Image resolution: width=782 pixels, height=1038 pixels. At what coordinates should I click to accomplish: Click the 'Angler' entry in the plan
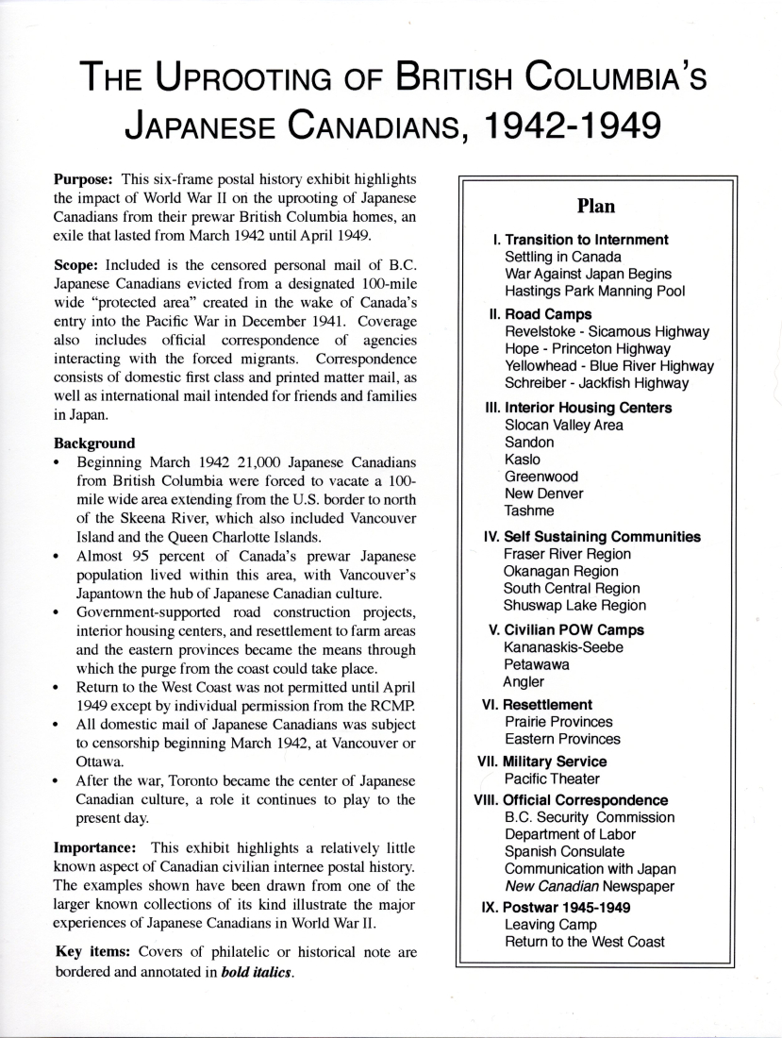(524, 681)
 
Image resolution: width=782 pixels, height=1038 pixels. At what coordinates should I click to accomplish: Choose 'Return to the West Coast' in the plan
(585, 942)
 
